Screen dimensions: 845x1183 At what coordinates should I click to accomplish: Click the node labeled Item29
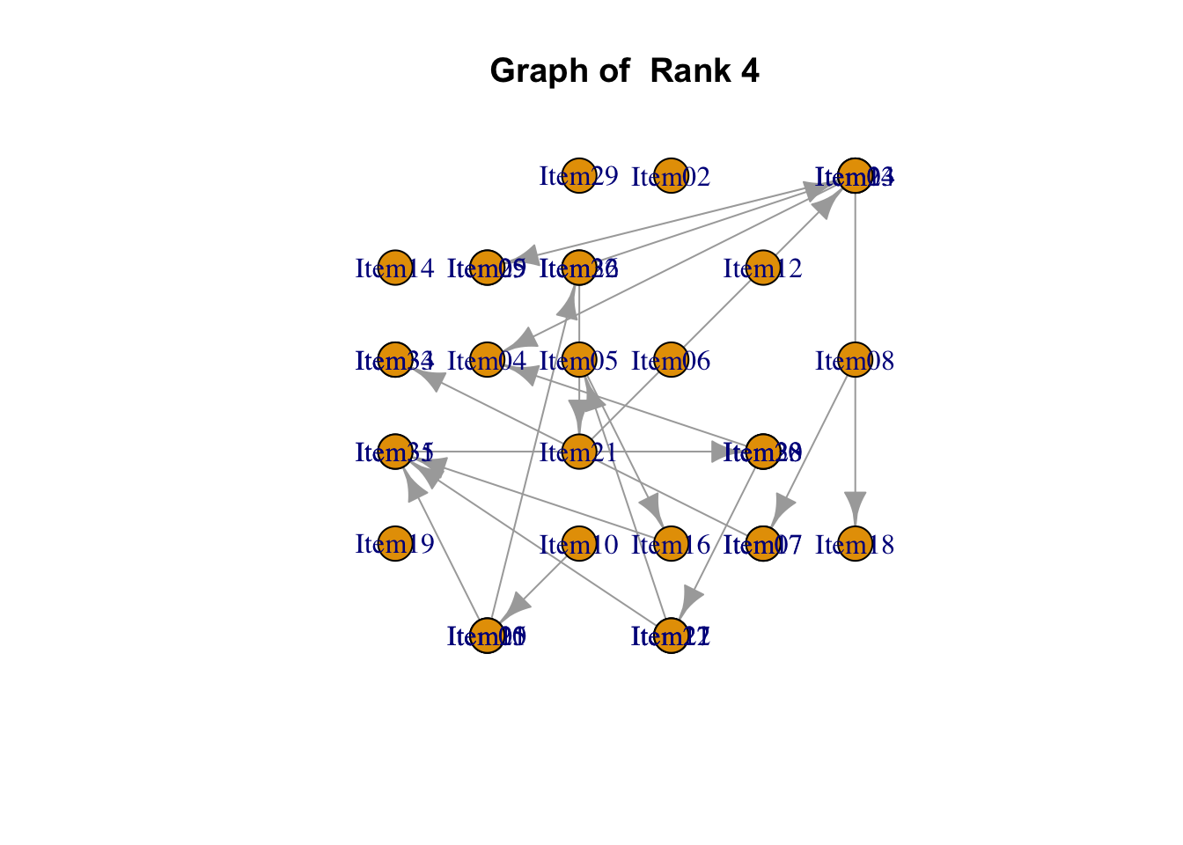[578, 176]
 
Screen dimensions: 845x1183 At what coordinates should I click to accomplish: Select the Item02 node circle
[671, 176]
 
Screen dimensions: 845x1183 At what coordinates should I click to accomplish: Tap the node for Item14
[395, 268]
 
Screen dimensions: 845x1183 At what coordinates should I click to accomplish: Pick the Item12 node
[763, 268]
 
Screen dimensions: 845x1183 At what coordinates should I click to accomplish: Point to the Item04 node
[487, 360]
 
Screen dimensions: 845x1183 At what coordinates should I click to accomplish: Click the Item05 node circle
[578, 360]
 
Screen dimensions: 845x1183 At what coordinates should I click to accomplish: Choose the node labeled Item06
[671, 360]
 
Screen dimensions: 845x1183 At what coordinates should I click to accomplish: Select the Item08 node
[855, 360]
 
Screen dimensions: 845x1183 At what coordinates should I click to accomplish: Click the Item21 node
[578, 452]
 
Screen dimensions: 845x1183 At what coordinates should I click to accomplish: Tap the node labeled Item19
[395, 544]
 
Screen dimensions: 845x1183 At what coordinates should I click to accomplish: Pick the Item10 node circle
[578, 544]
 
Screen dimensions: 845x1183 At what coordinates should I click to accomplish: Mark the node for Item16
[671, 544]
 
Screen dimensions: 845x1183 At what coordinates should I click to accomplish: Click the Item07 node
[763, 544]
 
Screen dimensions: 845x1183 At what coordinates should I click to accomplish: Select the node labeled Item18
[855, 544]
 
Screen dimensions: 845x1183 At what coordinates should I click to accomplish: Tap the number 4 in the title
[750, 70]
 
